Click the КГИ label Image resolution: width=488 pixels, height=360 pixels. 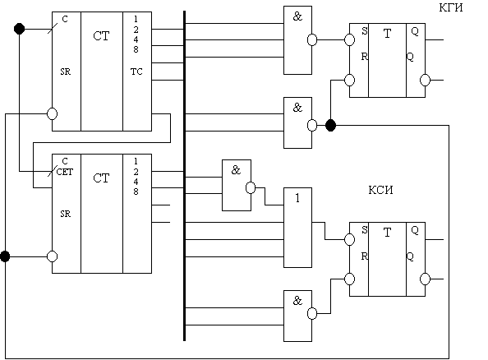point(451,7)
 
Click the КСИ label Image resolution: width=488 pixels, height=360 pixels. point(380,190)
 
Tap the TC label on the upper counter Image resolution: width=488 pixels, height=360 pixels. point(136,72)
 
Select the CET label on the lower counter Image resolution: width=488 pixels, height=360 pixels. point(65,172)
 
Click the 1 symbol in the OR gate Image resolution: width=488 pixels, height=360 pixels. point(297,198)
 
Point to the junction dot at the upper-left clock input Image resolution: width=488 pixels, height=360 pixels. point(19,29)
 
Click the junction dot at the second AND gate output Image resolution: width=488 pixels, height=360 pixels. point(330,125)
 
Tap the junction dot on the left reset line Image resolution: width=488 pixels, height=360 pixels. point(5,256)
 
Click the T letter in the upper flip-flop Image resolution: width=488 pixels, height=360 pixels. point(387,34)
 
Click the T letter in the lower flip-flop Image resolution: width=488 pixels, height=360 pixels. point(387,233)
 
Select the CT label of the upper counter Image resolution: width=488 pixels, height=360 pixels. point(101,36)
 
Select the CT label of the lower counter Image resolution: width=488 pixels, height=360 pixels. point(101,178)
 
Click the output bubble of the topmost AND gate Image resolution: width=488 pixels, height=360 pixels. point(312,39)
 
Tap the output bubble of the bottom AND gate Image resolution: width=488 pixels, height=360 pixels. point(312,313)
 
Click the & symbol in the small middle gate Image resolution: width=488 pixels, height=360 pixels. point(236,170)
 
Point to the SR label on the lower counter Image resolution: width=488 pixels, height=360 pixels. point(66,214)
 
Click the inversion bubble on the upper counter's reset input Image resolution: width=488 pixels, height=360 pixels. point(52,113)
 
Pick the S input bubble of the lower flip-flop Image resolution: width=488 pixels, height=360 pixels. point(349,239)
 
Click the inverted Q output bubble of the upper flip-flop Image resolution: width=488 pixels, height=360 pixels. point(425,80)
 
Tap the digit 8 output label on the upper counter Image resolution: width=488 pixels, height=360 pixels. point(136,49)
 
